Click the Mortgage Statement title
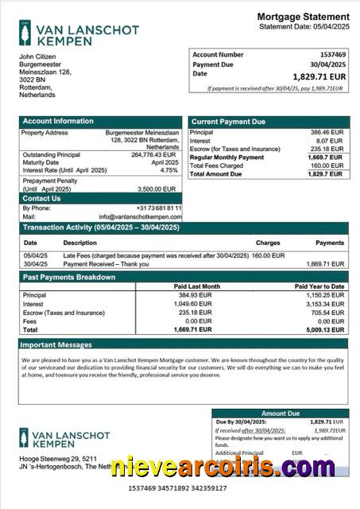point(303,17)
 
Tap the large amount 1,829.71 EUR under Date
point(319,76)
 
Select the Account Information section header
point(57,122)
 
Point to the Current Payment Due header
point(228,122)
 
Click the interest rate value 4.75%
point(169,170)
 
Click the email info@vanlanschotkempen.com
point(140,216)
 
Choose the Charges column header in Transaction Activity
point(268,243)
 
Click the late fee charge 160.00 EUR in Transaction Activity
point(268,255)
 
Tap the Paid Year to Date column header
point(319,286)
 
